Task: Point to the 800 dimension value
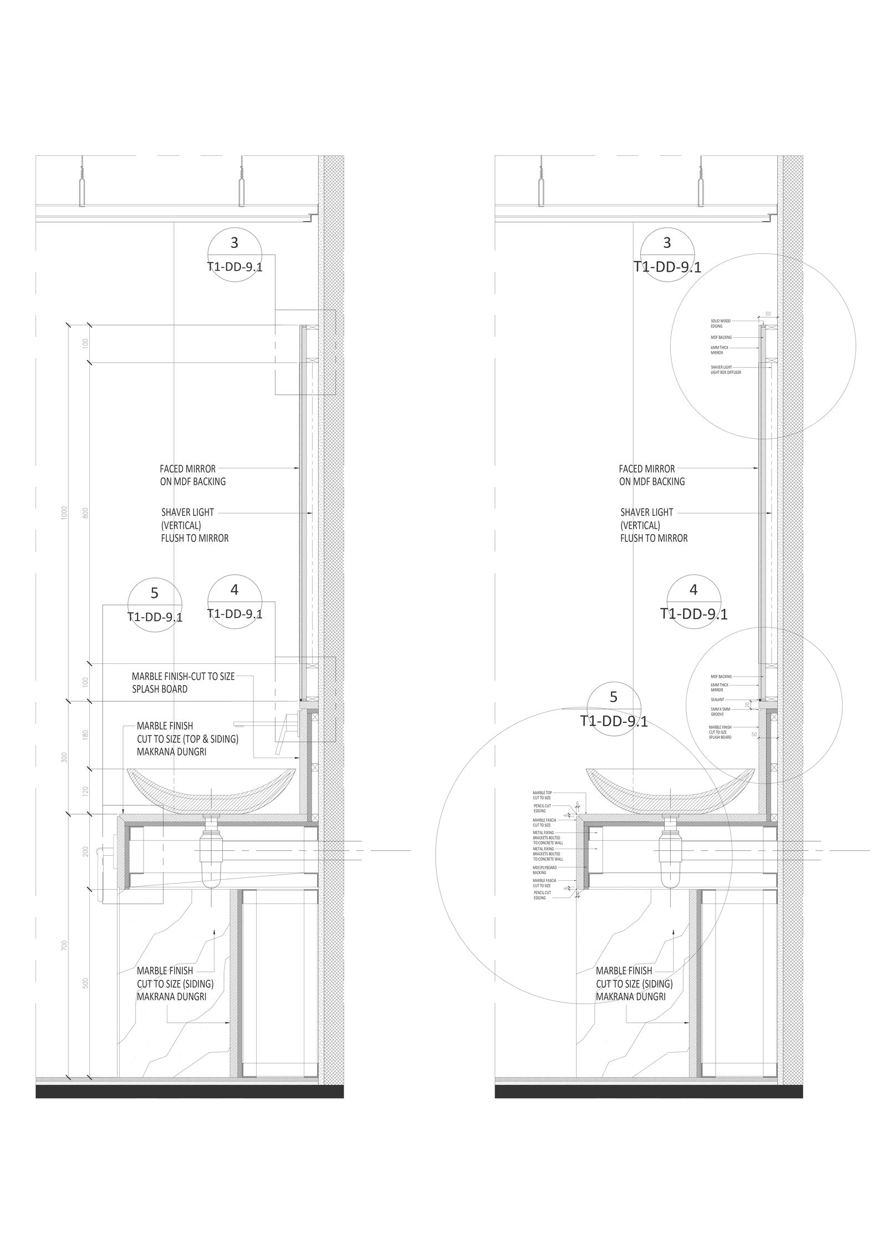85,513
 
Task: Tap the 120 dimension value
85,791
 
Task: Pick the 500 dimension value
85,983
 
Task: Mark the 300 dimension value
65,758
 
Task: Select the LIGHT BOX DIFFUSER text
726,373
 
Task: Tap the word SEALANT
717,700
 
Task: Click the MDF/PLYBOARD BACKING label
544,870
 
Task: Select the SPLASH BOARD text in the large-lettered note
159,689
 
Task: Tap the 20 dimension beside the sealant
747,704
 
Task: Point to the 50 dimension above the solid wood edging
768,314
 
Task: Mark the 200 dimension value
85,851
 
